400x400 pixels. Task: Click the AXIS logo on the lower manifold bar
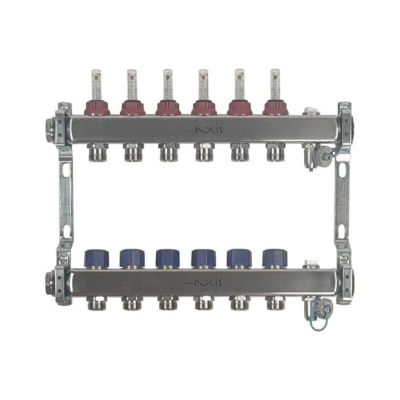click(x=203, y=283)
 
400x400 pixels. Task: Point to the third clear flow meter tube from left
click(x=168, y=85)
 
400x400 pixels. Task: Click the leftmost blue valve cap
click(x=97, y=259)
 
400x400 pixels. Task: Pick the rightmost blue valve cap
click(x=275, y=259)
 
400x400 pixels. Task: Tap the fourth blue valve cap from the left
click(x=204, y=259)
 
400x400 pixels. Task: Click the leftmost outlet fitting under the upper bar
click(x=99, y=152)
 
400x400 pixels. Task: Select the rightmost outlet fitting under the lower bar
click(x=275, y=303)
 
